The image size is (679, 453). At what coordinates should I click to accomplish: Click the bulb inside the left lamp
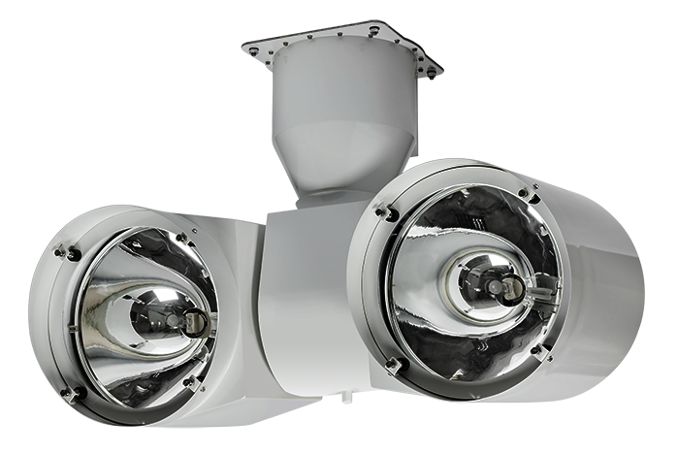click(183, 320)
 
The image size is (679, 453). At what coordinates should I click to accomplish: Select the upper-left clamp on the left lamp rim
click(68, 253)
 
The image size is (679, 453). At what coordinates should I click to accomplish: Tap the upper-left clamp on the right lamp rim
click(385, 210)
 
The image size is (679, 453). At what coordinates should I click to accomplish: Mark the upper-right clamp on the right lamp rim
click(530, 195)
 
